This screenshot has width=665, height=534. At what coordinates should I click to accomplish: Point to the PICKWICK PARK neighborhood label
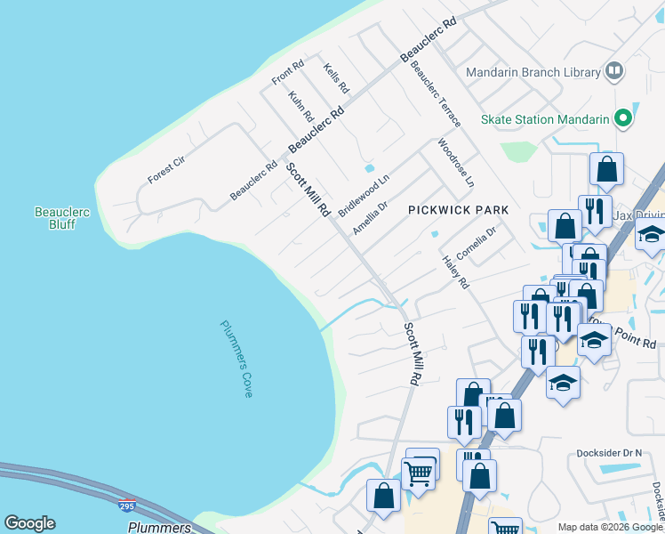point(458,210)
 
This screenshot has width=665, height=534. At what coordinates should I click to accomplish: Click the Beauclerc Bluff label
point(60,218)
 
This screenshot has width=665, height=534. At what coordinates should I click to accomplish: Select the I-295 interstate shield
point(128,507)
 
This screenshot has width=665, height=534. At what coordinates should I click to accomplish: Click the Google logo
point(29,522)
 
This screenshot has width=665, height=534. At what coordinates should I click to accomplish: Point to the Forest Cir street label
point(166,169)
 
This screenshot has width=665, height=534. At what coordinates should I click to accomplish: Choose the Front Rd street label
point(288,73)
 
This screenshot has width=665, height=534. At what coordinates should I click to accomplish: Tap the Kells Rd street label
point(336,79)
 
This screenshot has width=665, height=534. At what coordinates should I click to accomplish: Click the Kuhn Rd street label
point(301,105)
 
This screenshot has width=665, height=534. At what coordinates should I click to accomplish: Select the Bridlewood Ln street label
point(364,189)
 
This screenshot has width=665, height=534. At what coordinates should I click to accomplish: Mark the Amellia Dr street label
point(370,217)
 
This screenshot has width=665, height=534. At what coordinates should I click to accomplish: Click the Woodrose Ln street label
point(455,163)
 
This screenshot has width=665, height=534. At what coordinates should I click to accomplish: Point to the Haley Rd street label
point(455,273)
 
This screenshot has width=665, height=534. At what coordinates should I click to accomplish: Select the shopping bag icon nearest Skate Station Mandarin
point(606,169)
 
